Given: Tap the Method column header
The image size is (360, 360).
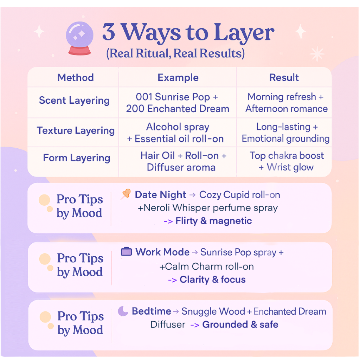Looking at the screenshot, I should (x=76, y=78).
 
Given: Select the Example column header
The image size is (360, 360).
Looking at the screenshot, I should (x=178, y=78).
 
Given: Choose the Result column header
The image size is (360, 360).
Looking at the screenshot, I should (x=284, y=78).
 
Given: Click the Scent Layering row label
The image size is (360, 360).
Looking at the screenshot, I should (x=74, y=101).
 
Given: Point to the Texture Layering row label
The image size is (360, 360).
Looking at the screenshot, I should (x=76, y=131).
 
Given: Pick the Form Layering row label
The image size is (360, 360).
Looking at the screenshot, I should (x=77, y=158).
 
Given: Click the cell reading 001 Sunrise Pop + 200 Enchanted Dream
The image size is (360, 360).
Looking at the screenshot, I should (x=178, y=103).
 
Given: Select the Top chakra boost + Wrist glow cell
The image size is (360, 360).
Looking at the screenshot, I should (x=287, y=161).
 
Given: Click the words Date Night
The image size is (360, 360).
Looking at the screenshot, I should (x=160, y=195).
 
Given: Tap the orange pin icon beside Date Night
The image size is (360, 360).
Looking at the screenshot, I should (x=126, y=194).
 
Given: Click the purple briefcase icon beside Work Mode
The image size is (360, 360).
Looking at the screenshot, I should (x=126, y=252).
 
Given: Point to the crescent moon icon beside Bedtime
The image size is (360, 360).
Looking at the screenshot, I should (x=123, y=311).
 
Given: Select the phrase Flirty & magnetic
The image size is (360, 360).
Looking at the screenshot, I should (x=213, y=221).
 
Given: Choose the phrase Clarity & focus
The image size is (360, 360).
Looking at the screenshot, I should (x=212, y=280).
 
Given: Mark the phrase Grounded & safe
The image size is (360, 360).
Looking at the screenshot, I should (x=240, y=324).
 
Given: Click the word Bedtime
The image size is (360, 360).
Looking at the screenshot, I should (x=151, y=311).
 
